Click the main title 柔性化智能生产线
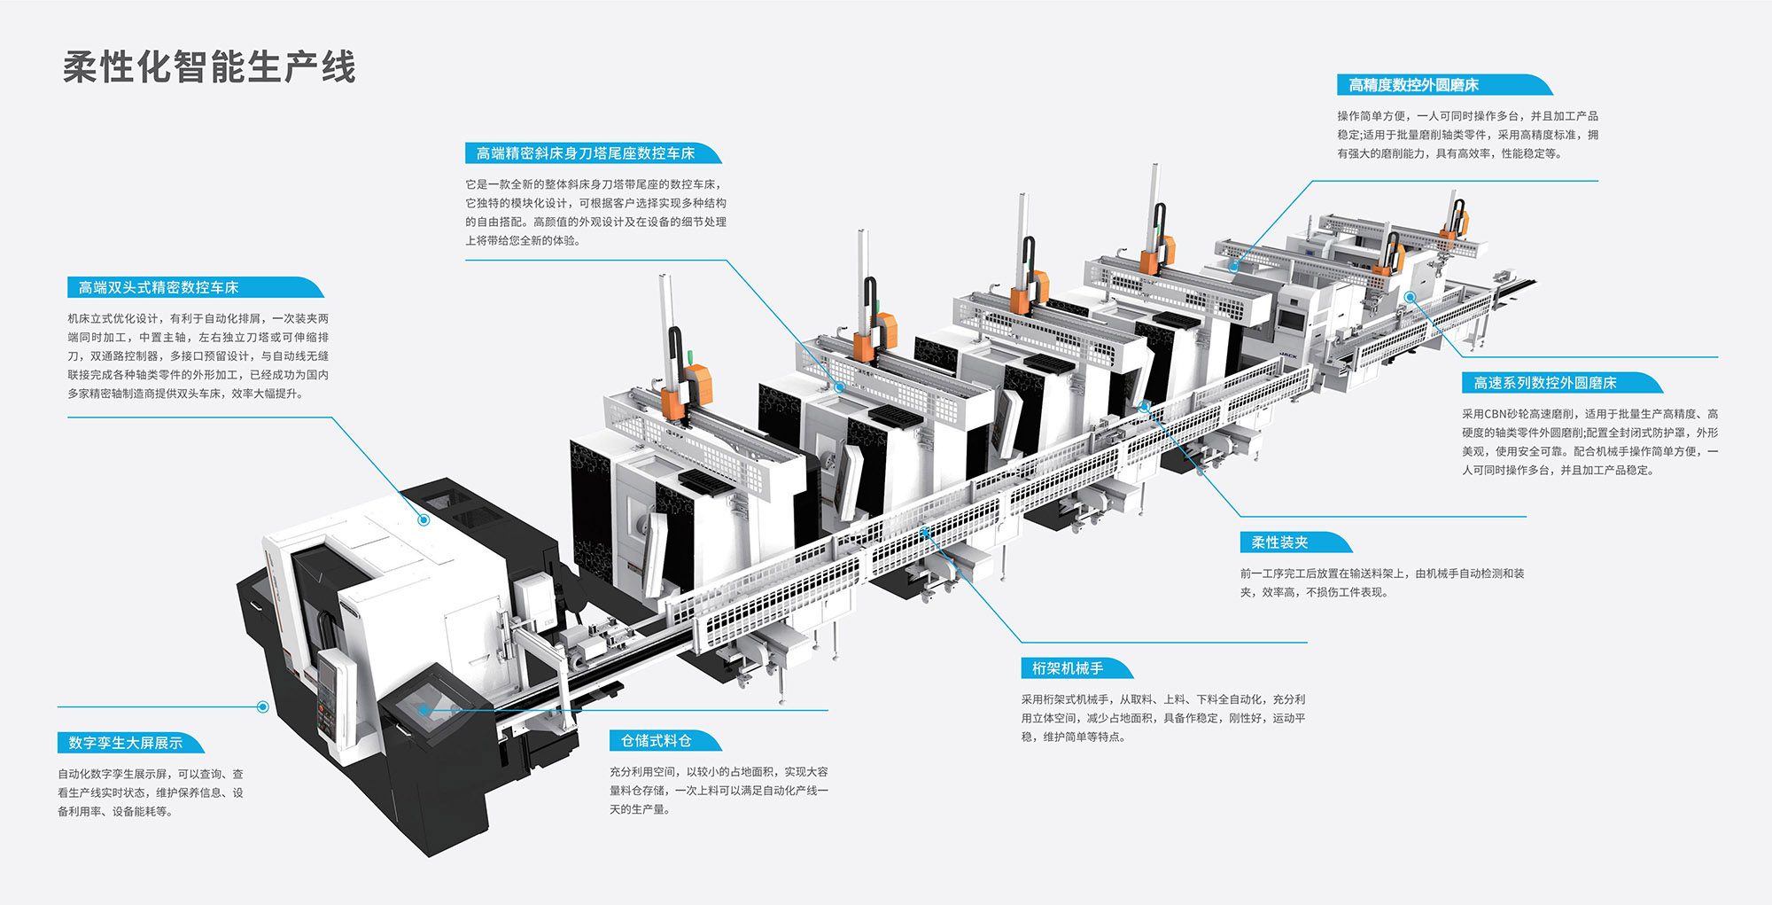pyautogui.click(x=209, y=67)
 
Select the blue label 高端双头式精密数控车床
pyautogui.click(x=159, y=287)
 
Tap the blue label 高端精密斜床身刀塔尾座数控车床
pyautogui.click(x=586, y=153)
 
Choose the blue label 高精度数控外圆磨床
pyautogui.click(x=1413, y=85)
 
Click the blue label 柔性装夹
pyautogui.click(x=1279, y=542)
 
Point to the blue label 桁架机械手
pyautogui.click(x=1068, y=668)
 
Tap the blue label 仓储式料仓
pyautogui.click(x=656, y=741)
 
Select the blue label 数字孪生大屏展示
pyautogui.click(x=126, y=743)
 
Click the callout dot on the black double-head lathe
pyautogui.click(x=424, y=520)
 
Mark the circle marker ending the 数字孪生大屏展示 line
pyautogui.click(x=262, y=706)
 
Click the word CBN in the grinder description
pyautogui.click(x=1496, y=414)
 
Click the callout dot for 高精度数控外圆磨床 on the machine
pyautogui.click(x=1233, y=266)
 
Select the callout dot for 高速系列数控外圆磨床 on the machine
pyautogui.click(x=1410, y=298)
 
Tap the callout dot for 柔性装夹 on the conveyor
pyautogui.click(x=1145, y=406)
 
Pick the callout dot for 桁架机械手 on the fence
pyautogui.click(x=924, y=532)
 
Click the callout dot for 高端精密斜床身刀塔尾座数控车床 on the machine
pyautogui.click(x=839, y=387)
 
